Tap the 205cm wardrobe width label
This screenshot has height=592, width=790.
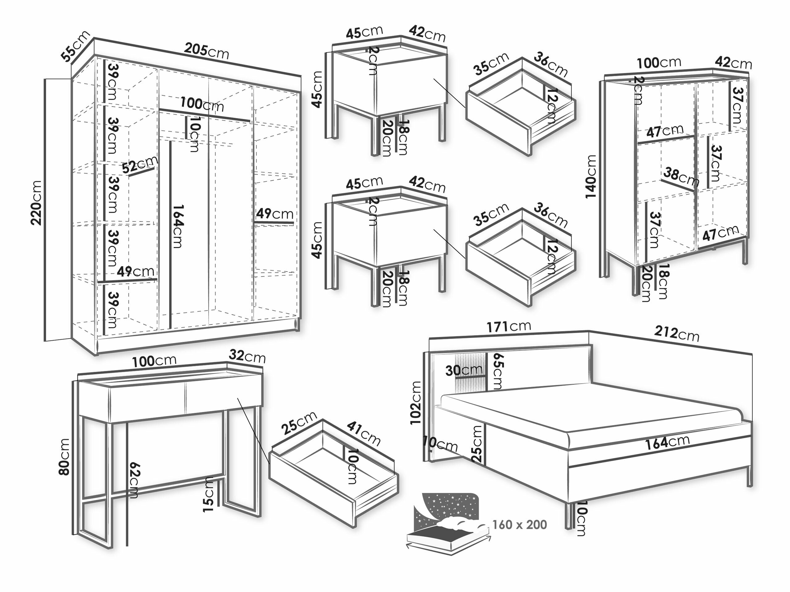tap(206, 50)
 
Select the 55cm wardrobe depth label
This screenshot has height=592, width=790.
tap(75, 46)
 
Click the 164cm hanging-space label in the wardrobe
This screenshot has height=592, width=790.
tap(177, 226)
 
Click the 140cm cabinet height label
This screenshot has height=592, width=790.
tap(591, 177)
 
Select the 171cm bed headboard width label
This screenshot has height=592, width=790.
tap(509, 327)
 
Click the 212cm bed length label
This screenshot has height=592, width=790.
tap(676, 334)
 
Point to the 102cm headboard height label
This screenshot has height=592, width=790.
tap(416, 403)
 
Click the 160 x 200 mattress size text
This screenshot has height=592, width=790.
tap(520, 524)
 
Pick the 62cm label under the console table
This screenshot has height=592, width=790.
tap(135, 480)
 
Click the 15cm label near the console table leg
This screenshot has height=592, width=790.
tap(208, 494)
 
